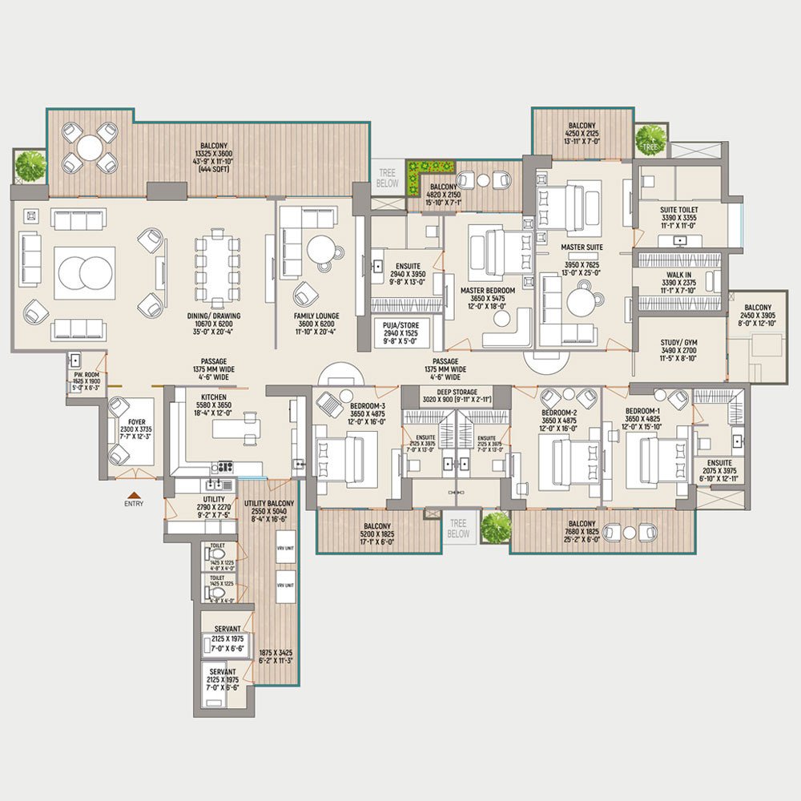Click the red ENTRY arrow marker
tap(134, 495)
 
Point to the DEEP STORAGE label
tap(456, 392)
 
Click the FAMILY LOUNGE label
tap(316, 316)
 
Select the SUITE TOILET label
tap(679, 207)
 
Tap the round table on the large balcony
tap(90, 147)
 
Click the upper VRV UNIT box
tap(285, 548)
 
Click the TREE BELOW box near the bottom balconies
tap(458, 528)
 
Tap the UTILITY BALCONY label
tap(268, 503)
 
